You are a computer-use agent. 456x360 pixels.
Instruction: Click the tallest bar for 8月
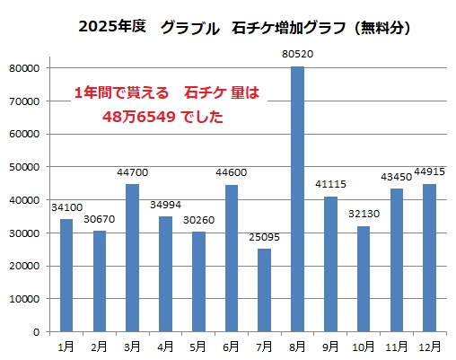pyautogui.click(x=297, y=199)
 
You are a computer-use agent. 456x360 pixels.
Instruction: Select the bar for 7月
pyautogui.click(x=264, y=290)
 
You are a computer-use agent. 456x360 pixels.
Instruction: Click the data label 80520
pyautogui.click(x=297, y=55)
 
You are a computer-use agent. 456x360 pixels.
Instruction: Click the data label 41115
pyautogui.click(x=330, y=185)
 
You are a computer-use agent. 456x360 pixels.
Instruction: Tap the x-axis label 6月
pyautogui.click(x=231, y=347)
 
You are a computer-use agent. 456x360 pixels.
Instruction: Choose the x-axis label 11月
pyautogui.click(x=396, y=347)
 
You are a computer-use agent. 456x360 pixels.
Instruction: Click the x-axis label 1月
pyautogui.click(x=66, y=347)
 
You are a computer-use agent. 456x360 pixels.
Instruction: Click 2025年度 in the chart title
pyautogui.click(x=113, y=28)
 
